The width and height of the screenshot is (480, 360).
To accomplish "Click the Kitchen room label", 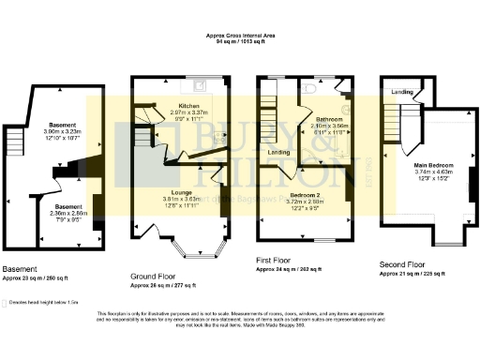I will tap(178, 107).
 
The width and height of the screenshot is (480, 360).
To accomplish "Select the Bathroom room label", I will tap(328, 119).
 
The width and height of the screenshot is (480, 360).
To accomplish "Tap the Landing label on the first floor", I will tap(278, 152).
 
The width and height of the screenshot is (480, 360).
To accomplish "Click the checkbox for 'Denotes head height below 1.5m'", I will tap(6, 303).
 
